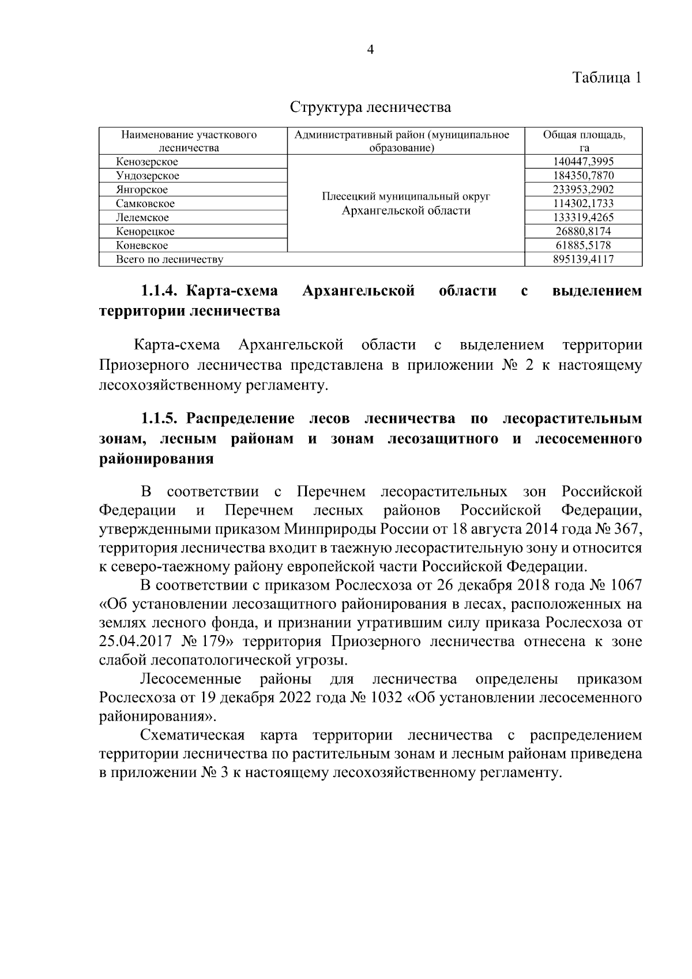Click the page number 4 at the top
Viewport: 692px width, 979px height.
(x=370, y=50)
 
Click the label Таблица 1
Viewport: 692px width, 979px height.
(x=607, y=77)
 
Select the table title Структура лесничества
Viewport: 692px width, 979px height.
(x=370, y=107)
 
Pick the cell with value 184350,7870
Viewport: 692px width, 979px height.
(x=584, y=175)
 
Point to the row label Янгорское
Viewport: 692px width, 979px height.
(x=142, y=190)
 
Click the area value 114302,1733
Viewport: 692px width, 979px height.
(x=584, y=204)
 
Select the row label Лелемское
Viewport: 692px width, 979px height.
(x=142, y=217)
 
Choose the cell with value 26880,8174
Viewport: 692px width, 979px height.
(x=584, y=231)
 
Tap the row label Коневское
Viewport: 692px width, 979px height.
(x=142, y=245)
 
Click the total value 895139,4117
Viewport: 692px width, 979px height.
(x=584, y=259)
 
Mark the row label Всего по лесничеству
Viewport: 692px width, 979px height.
(x=170, y=259)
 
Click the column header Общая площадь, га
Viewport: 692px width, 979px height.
(x=584, y=141)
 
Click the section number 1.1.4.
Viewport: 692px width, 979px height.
(x=159, y=291)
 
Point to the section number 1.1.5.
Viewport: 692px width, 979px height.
(x=159, y=418)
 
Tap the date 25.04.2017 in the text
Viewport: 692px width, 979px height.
(x=133, y=642)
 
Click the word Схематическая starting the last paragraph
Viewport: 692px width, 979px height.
(x=193, y=735)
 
